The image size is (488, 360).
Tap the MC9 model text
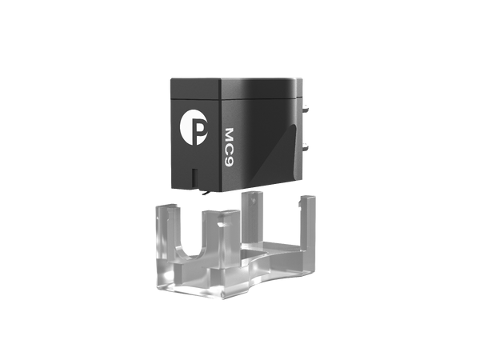coord(229,143)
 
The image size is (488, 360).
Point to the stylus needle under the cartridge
coord(206,189)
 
